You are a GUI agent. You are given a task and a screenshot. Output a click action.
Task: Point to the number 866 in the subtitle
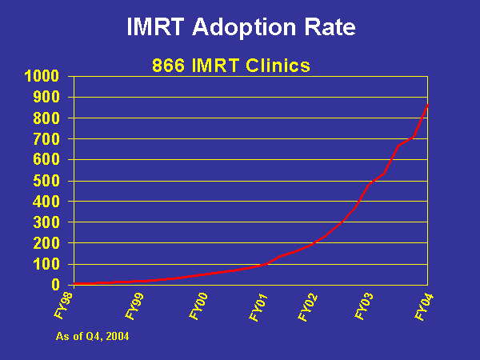point(169,66)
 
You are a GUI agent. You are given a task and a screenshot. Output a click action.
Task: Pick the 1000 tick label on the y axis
point(41,77)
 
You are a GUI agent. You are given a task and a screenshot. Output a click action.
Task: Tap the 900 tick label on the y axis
point(45,98)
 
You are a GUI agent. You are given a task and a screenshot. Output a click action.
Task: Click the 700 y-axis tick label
point(45,139)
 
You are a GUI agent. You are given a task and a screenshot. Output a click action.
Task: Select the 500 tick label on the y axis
point(45,181)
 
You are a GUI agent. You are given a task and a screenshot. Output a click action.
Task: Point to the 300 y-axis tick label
point(45,222)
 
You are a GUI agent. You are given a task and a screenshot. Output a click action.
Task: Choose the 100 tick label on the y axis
point(45,264)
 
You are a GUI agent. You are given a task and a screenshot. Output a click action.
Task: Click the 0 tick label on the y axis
point(55,285)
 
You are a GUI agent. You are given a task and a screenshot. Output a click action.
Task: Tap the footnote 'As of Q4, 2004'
point(92,337)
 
